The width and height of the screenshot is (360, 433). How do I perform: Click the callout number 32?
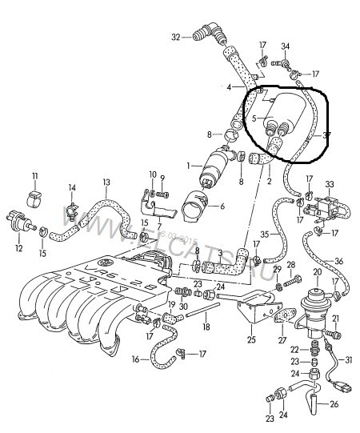(x=176, y=36)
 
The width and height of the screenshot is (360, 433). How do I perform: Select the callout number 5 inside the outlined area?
(x=254, y=119)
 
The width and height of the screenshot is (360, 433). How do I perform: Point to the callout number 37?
(x=326, y=135)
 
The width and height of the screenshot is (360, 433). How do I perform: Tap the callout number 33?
(x=329, y=184)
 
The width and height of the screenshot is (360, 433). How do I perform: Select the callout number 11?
(x=34, y=175)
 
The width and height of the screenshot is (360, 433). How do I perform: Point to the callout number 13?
(x=106, y=182)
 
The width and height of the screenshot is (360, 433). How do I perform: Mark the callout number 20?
(x=317, y=273)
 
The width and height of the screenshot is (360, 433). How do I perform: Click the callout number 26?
(x=334, y=404)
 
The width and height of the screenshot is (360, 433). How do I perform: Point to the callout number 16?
(x=135, y=360)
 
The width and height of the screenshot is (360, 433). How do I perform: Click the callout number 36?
(x=339, y=261)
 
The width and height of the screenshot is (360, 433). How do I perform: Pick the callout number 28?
(x=290, y=264)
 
